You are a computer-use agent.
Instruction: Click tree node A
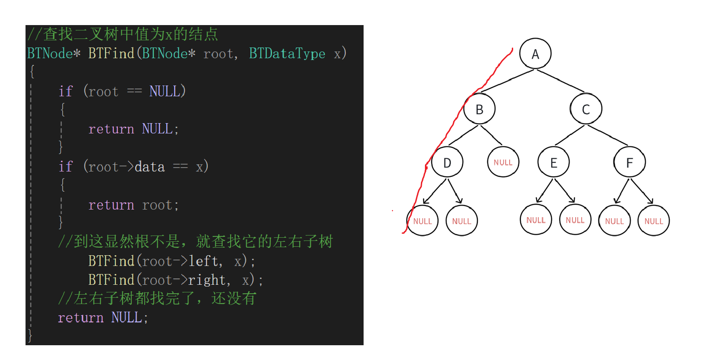pyautogui.click(x=535, y=54)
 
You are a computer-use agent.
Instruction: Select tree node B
pyautogui.click(x=479, y=109)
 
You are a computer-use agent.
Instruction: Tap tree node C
pyautogui.click(x=586, y=109)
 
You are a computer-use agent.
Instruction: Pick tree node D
pyautogui.click(x=447, y=163)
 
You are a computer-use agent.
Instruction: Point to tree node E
pyautogui.click(x=553, y=163)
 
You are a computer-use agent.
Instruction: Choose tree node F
pyautogui.click(x=629, y=163)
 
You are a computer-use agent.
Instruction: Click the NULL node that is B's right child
pyautogui.click(x=503, y=162)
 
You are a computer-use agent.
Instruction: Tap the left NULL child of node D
pyautogui.click(x=422, y=221)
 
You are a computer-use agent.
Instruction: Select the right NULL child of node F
pyautogui.click(x=653, y=221)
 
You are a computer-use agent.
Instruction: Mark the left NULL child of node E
pyautogui.click(x=536, y=220)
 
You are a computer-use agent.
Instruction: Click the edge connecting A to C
pyautogui.click(x=561, y=81)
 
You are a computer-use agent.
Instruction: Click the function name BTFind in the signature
pyautogui.click(x=111, y=54)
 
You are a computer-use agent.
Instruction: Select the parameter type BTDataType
pyautogui.click(x=287, y=54)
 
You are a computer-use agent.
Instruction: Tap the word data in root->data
pyautogui.click(x=150, y=167)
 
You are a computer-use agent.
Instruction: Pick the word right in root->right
pyautogui.click(x=207, y=280)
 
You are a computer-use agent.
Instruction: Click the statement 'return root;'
pyautogui.click(x=133, y=205)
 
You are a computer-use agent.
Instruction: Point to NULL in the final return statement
pyautogui.click(x=127, y=317)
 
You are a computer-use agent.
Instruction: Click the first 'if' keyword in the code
pyautogui.click(x=65, y=91)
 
